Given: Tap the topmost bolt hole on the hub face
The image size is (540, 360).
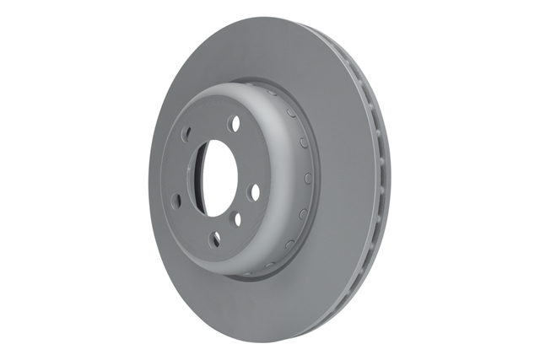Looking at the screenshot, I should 234,124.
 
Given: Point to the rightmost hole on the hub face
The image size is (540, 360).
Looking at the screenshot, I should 254,192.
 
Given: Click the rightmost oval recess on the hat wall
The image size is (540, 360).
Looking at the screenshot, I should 308,178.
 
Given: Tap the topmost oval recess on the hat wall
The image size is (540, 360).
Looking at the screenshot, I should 272,93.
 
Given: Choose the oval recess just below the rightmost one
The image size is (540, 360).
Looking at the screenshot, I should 300,214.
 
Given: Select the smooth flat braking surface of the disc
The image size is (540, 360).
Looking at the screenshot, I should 337,253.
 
